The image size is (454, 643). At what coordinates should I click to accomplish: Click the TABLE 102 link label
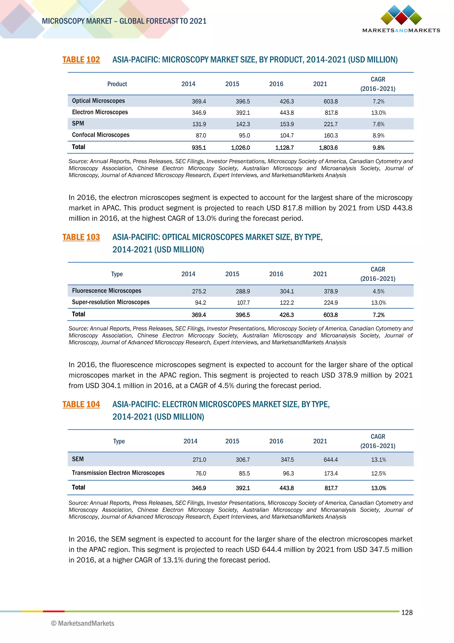pyautogui.click(x=81, y=60)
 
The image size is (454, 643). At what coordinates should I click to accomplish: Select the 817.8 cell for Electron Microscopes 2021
pyautogui.click(x=331, y=113)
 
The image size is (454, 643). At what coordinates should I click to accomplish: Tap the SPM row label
pyautogui.click(x=78, y=123)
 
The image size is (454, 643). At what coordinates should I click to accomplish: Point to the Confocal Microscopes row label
pyautogui.click(x=101, y=135)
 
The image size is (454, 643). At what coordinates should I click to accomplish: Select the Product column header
pyautogui.click(x=117, y=84)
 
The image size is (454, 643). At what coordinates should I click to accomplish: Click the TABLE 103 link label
pyautogui.click(x=81, y=237)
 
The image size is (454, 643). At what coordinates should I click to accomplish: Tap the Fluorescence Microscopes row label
pyautogui.click(x=106, y=291)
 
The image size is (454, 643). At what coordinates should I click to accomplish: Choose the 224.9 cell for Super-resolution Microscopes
pyautogui.click(x=331, y=303)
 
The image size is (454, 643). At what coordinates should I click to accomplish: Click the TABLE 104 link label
pyautogui.click(x=81, y=404)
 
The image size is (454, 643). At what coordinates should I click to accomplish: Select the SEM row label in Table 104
pyautogui.click(x=78, y=459)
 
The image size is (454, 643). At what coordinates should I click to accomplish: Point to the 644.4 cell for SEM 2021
pyautogui.click(x=331, y=460)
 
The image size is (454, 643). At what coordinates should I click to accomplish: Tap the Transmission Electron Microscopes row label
pyautogui.click(x=118, y=473)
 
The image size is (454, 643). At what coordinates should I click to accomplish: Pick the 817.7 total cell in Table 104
pyautogui.click(x=331, y=488)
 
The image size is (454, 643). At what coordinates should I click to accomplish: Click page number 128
pyautogui.click(x=407, y=613)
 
